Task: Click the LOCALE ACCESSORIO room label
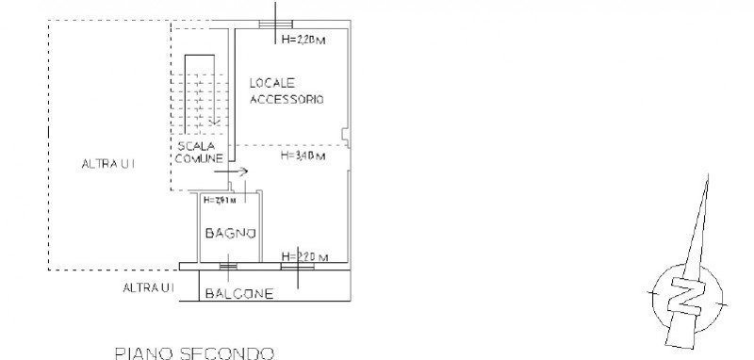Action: tap(287, 90)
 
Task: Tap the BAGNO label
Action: tap(227, 233)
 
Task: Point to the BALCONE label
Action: tap(239, 294)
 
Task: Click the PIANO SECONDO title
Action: tap(193, 353)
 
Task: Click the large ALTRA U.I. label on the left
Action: tap(109, 164)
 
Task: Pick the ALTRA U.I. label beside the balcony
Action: tap(149, 286)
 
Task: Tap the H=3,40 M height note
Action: tap(303, 156)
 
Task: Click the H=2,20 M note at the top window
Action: tap(303, 40)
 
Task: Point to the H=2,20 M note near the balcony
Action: tap(303, 257)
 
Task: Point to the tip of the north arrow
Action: tap(710, 177)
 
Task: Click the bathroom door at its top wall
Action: tap(245, 192)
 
